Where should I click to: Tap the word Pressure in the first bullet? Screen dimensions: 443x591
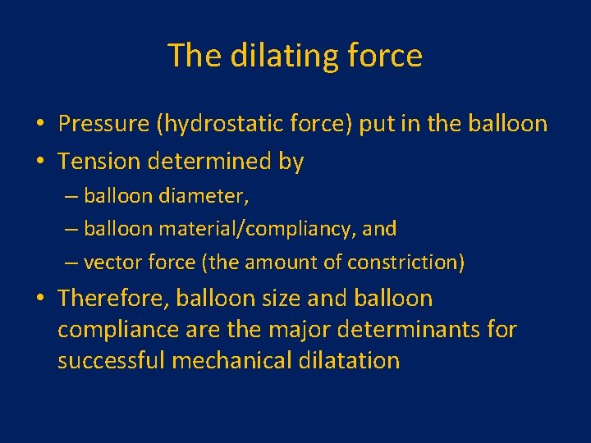[105, 124]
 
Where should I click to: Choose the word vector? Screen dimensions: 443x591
[111, 263]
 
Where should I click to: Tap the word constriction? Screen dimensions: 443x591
[408, 263]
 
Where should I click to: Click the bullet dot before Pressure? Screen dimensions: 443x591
[39, 125]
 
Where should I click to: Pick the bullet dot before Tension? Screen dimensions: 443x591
[39, 162]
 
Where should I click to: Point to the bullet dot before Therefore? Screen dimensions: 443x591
[39, 299]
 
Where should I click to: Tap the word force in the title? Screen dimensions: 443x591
[387, 56]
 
